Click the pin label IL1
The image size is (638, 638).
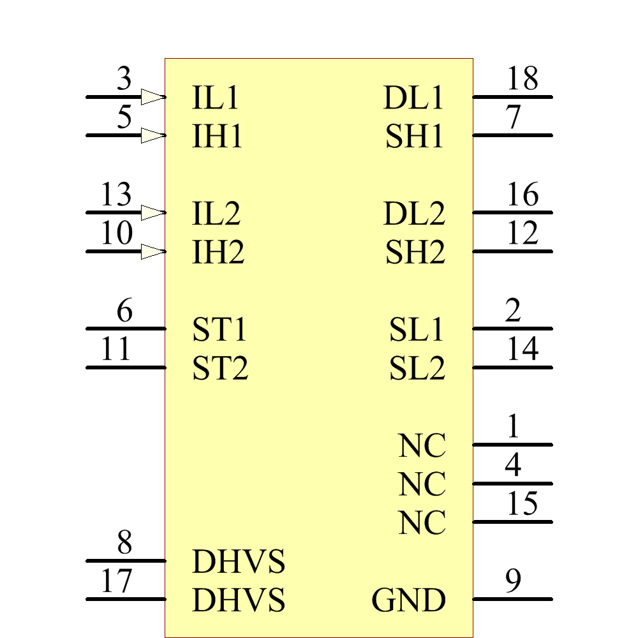[x=216, y=98]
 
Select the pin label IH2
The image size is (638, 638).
[x=218, y=253]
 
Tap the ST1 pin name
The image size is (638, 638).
[x=219, y=330]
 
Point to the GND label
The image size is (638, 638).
[x=408, y=600]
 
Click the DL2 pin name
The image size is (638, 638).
[x=414, y=214]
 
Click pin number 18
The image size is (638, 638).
[x=523, y=79]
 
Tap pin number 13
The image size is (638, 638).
[x=116, y=195]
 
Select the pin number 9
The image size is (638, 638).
[x=513, y=581]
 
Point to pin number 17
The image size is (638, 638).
[x=116, y=581]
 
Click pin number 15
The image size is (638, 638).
[x=523, y=504]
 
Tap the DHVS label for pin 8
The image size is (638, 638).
[x=239, y=563]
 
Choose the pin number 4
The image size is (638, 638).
[x=513, y=465]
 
